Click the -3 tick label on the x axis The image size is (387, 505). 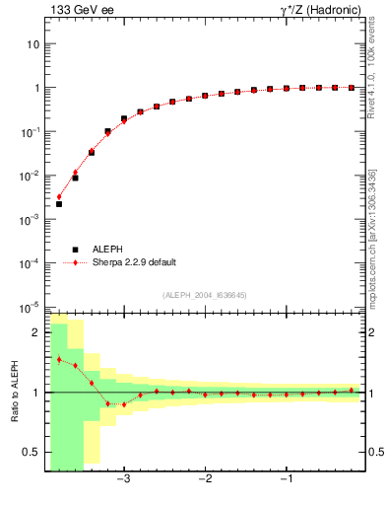point(123,480)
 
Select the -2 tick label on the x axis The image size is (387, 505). point(205,480)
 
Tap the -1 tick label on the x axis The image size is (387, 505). point(286,480)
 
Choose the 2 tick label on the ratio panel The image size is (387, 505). point(35,333)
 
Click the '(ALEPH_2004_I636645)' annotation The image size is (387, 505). point(204,295)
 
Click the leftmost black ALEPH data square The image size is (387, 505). point(59,204)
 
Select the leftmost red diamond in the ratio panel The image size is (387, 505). point(59,359)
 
